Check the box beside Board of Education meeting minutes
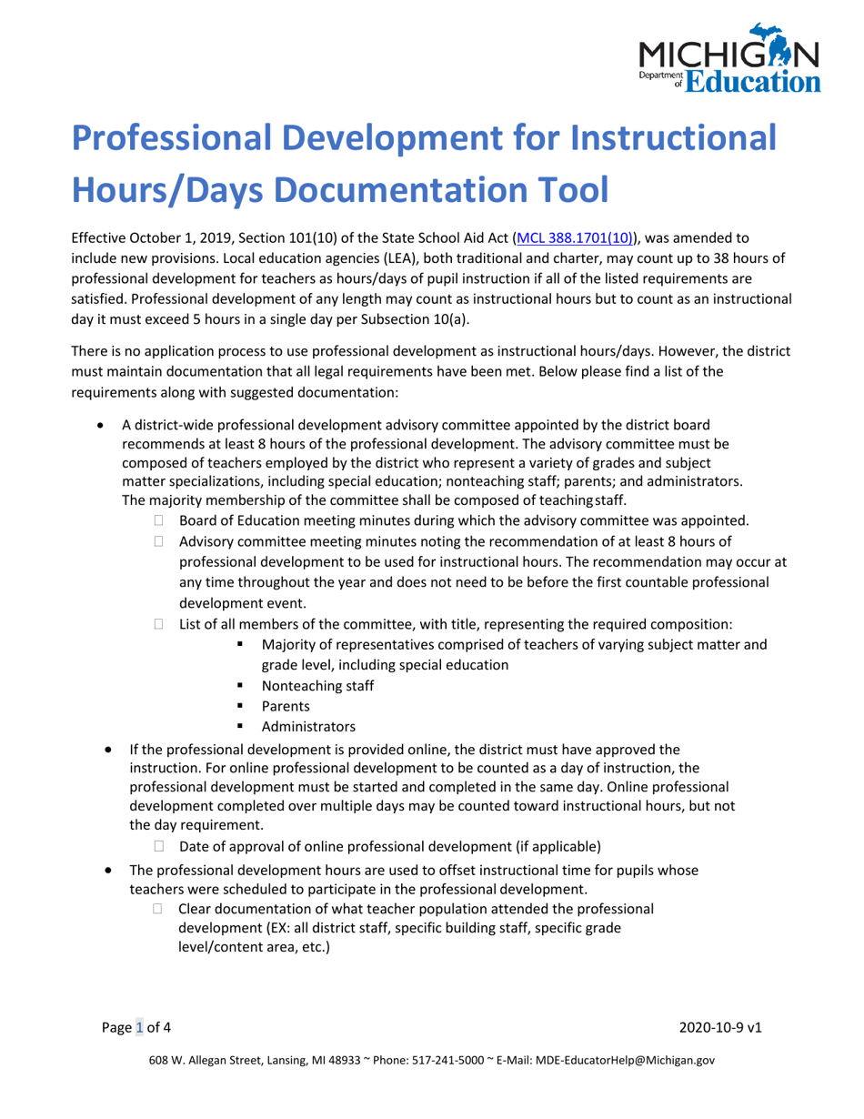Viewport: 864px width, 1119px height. [159, 520]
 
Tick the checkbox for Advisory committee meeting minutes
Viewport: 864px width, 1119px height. [159, 542]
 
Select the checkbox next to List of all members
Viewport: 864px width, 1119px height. [159, 624]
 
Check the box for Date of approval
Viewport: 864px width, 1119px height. [159, 846]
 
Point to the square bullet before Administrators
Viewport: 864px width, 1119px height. [242, 727]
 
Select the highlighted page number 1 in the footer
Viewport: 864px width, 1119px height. [140, 1027]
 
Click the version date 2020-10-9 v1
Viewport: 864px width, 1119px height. [720, 1027]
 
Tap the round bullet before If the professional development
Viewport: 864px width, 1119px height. [109, 750]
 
